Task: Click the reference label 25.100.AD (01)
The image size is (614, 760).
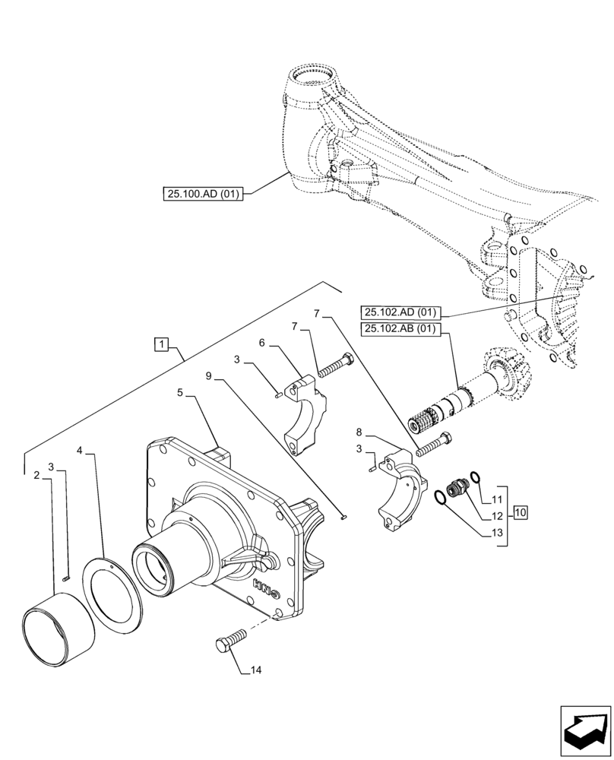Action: [x=202, y=194]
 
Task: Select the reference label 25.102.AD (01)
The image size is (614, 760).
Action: [x=400, y=312]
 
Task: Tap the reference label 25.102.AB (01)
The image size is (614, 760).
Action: [x=400, y=329]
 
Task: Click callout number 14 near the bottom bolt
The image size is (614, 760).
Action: [x=255, y=670]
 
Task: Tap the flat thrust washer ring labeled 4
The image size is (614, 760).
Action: [x=116, y=591]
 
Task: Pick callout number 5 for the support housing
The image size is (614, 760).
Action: [x=181, y=393]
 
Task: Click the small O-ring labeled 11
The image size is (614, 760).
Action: [x=474, y=477]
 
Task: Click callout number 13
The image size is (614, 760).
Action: [x=497, y=534]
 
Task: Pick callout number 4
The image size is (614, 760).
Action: [x=80, y=451]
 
